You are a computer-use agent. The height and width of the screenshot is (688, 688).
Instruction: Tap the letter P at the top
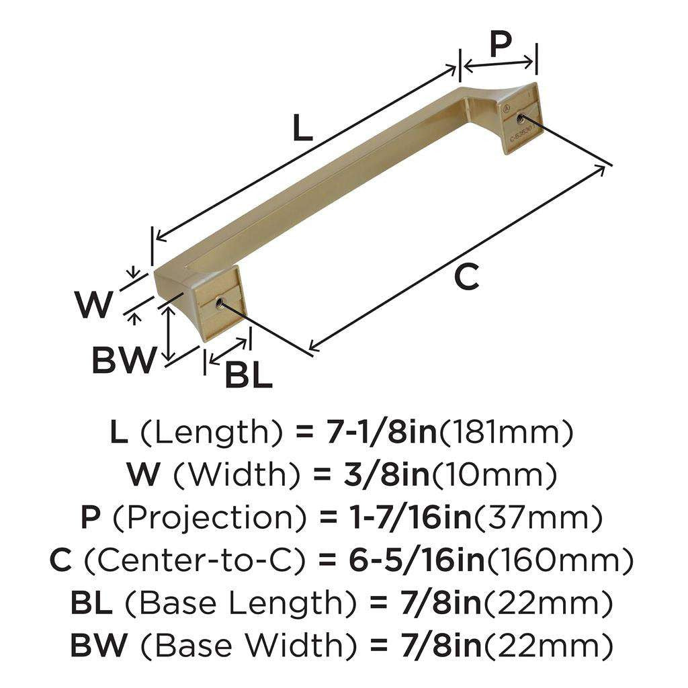[x=500, y=44]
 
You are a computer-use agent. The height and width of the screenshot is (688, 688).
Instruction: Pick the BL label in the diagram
[x=248, y=375]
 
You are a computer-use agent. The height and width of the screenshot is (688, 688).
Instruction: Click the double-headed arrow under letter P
[x=500, y=64]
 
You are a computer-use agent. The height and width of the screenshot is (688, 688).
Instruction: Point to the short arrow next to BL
[x=228, y=349]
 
